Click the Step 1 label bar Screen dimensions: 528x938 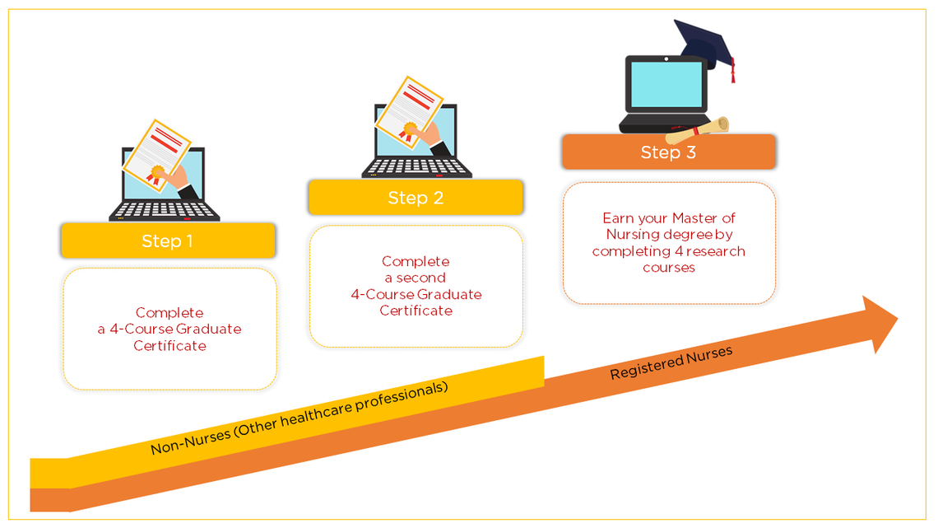point(167,241)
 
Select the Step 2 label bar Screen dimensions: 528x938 point(416,198)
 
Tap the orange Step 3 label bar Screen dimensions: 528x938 point(668,152)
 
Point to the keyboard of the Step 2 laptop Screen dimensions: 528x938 point(416,167)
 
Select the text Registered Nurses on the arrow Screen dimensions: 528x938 point(671,363)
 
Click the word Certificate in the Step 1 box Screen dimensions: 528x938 point(169,345)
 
